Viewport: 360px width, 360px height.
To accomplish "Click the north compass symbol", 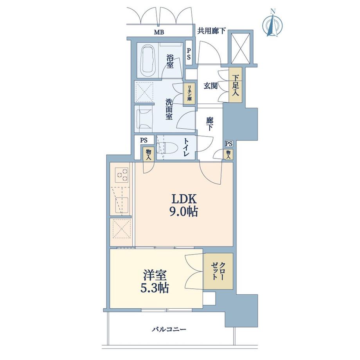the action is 273,23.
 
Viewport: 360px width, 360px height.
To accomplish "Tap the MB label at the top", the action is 159,32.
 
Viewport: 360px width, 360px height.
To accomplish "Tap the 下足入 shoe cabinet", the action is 236,85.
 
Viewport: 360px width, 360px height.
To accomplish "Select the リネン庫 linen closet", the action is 189,94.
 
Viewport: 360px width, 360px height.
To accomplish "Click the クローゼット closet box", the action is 218,271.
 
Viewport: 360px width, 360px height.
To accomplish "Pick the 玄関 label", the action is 211,86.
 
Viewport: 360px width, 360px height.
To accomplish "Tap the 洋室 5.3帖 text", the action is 155,281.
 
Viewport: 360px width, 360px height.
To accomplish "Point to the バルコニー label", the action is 169,329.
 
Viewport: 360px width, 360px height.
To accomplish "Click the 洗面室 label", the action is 169,109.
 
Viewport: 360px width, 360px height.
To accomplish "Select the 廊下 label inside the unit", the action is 209,124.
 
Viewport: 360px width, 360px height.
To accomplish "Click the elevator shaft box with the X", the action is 240,48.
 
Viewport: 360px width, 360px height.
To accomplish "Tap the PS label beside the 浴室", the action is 189,53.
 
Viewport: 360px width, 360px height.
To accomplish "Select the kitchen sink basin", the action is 121,204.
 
